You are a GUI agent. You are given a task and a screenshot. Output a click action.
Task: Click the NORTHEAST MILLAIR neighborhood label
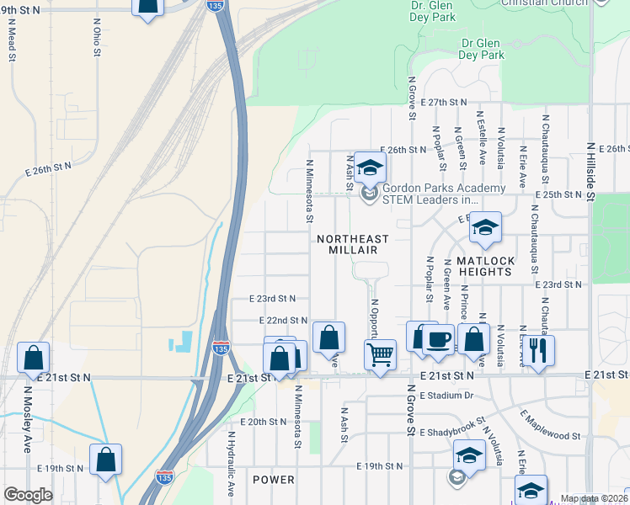coord(353,245)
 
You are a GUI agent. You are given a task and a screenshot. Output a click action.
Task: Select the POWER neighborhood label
coord(274,480)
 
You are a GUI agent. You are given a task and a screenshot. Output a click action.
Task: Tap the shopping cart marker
coord(381,354)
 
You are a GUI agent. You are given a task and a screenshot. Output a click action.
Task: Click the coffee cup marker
coord(437,339)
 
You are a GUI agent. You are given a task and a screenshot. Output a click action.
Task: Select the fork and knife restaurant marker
coord(538,349)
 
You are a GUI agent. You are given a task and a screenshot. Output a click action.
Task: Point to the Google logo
coord(28,495)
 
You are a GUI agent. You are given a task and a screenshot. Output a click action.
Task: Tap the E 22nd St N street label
coord(282,321)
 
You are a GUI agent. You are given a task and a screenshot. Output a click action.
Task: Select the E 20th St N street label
coord(264,422)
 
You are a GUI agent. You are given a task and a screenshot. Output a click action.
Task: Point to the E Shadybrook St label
coord(453,426)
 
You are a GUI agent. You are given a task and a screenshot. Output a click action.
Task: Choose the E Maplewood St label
coord(551,426)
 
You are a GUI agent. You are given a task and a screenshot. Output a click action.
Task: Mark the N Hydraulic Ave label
coord(230,463)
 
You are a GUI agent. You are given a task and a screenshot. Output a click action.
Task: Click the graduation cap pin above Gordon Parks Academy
coord(369,166)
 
